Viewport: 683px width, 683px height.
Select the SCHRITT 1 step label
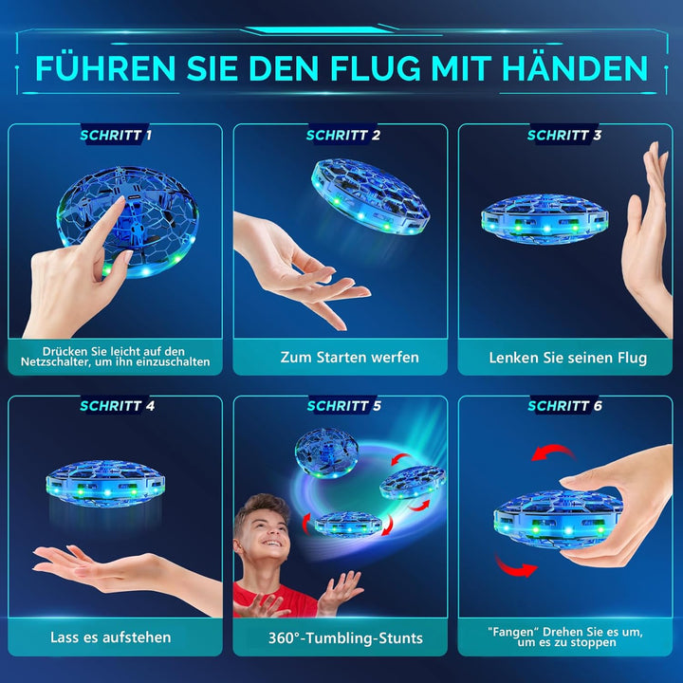(x=116, y=136)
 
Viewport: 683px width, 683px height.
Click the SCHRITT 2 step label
(x=342, y=136)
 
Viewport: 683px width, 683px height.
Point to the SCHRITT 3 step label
(x=564, y=136)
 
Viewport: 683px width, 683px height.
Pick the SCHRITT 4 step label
(x=116, y=407)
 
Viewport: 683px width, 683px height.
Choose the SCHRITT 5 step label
(x=342, y=407)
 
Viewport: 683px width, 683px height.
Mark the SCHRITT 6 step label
(x=564, y=407)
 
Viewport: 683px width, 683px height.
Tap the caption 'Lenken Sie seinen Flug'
(x=567, y=358)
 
